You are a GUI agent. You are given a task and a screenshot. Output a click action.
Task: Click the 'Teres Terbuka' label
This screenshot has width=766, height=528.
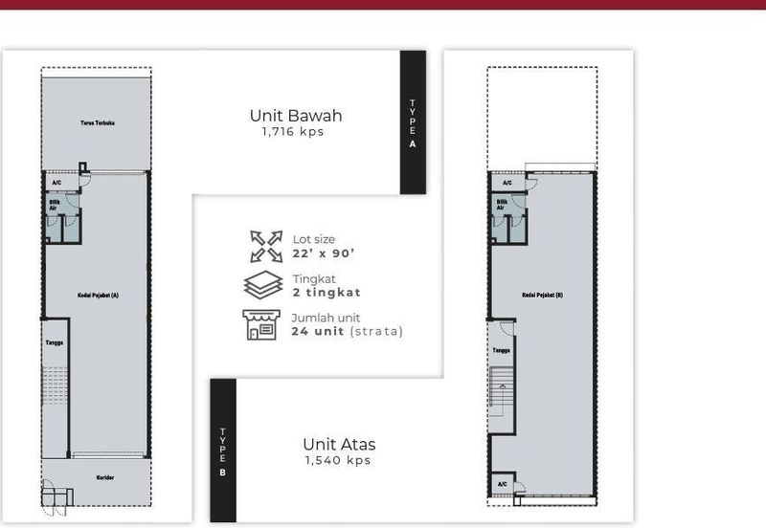click(97, 123)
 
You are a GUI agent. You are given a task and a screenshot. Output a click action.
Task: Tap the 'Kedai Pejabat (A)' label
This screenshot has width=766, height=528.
click(98, 296)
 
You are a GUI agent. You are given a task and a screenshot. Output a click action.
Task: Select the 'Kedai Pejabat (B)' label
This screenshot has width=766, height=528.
click(543, 296)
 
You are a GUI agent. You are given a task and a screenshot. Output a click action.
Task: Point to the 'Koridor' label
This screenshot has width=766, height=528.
click(105, 475)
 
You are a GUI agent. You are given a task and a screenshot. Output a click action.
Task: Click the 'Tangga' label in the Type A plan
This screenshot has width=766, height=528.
click(55, 341)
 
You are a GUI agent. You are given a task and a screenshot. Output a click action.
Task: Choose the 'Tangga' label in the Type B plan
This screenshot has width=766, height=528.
click(501, 350)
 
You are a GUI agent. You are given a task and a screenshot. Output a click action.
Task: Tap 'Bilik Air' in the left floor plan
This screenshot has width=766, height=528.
click(55, 204)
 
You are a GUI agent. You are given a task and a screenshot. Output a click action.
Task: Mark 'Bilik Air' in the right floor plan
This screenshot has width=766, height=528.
click(502, 204)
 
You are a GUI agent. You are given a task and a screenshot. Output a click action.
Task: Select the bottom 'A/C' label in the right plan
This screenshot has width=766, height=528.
click(503, 484)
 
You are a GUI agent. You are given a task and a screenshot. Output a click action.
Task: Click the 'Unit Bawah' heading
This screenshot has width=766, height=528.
click(296, 116)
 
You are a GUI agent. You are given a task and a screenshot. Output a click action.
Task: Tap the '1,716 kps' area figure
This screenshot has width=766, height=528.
click(293, 132)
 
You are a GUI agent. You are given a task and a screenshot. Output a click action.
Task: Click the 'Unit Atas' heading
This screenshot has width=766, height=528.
click(339, 444)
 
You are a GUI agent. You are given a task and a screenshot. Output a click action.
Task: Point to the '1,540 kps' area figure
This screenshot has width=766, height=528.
click(337, 460)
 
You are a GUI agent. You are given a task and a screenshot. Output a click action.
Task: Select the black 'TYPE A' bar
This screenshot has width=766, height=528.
click(413, 121)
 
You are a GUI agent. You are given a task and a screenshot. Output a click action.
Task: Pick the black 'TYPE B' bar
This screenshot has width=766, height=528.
click(222, 450)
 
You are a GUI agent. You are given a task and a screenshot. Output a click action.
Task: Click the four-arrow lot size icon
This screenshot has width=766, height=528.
click(265, 246)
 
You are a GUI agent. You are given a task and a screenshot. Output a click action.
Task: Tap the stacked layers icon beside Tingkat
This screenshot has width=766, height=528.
click(263, 285)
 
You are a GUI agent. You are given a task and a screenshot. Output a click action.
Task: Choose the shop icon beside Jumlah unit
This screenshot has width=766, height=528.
click(259, 324)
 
